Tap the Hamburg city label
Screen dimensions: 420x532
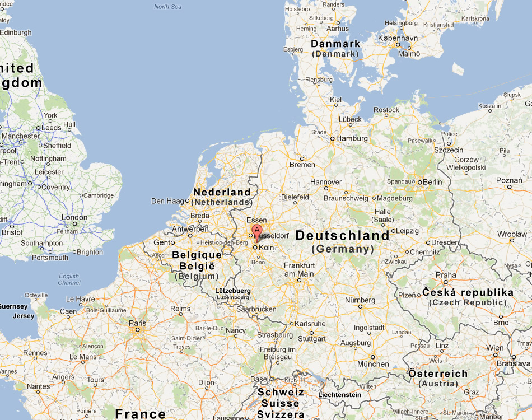pos(353,138)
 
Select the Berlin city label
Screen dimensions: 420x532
pos(432,182)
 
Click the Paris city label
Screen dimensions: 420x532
pos(137,323)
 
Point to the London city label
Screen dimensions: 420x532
pos(74,217)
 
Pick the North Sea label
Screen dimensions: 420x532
pos(168,7)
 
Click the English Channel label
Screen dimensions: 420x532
pos(69,279)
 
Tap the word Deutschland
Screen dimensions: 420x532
pos(342,235)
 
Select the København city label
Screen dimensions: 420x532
pos(398,38)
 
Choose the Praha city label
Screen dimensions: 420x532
pos(446,275)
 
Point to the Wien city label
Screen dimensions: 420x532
pos(495,348)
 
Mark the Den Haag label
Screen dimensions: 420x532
pos(167,201)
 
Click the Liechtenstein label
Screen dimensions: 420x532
pos(339,395)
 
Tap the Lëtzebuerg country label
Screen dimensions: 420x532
pos(233,291)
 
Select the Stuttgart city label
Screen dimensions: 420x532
pos(312,339)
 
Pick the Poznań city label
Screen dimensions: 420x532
pos(509,180)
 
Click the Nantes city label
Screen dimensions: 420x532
pos(38,386)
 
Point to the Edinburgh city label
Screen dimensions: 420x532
pos(16,32)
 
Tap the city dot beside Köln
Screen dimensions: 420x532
pos(255,247)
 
